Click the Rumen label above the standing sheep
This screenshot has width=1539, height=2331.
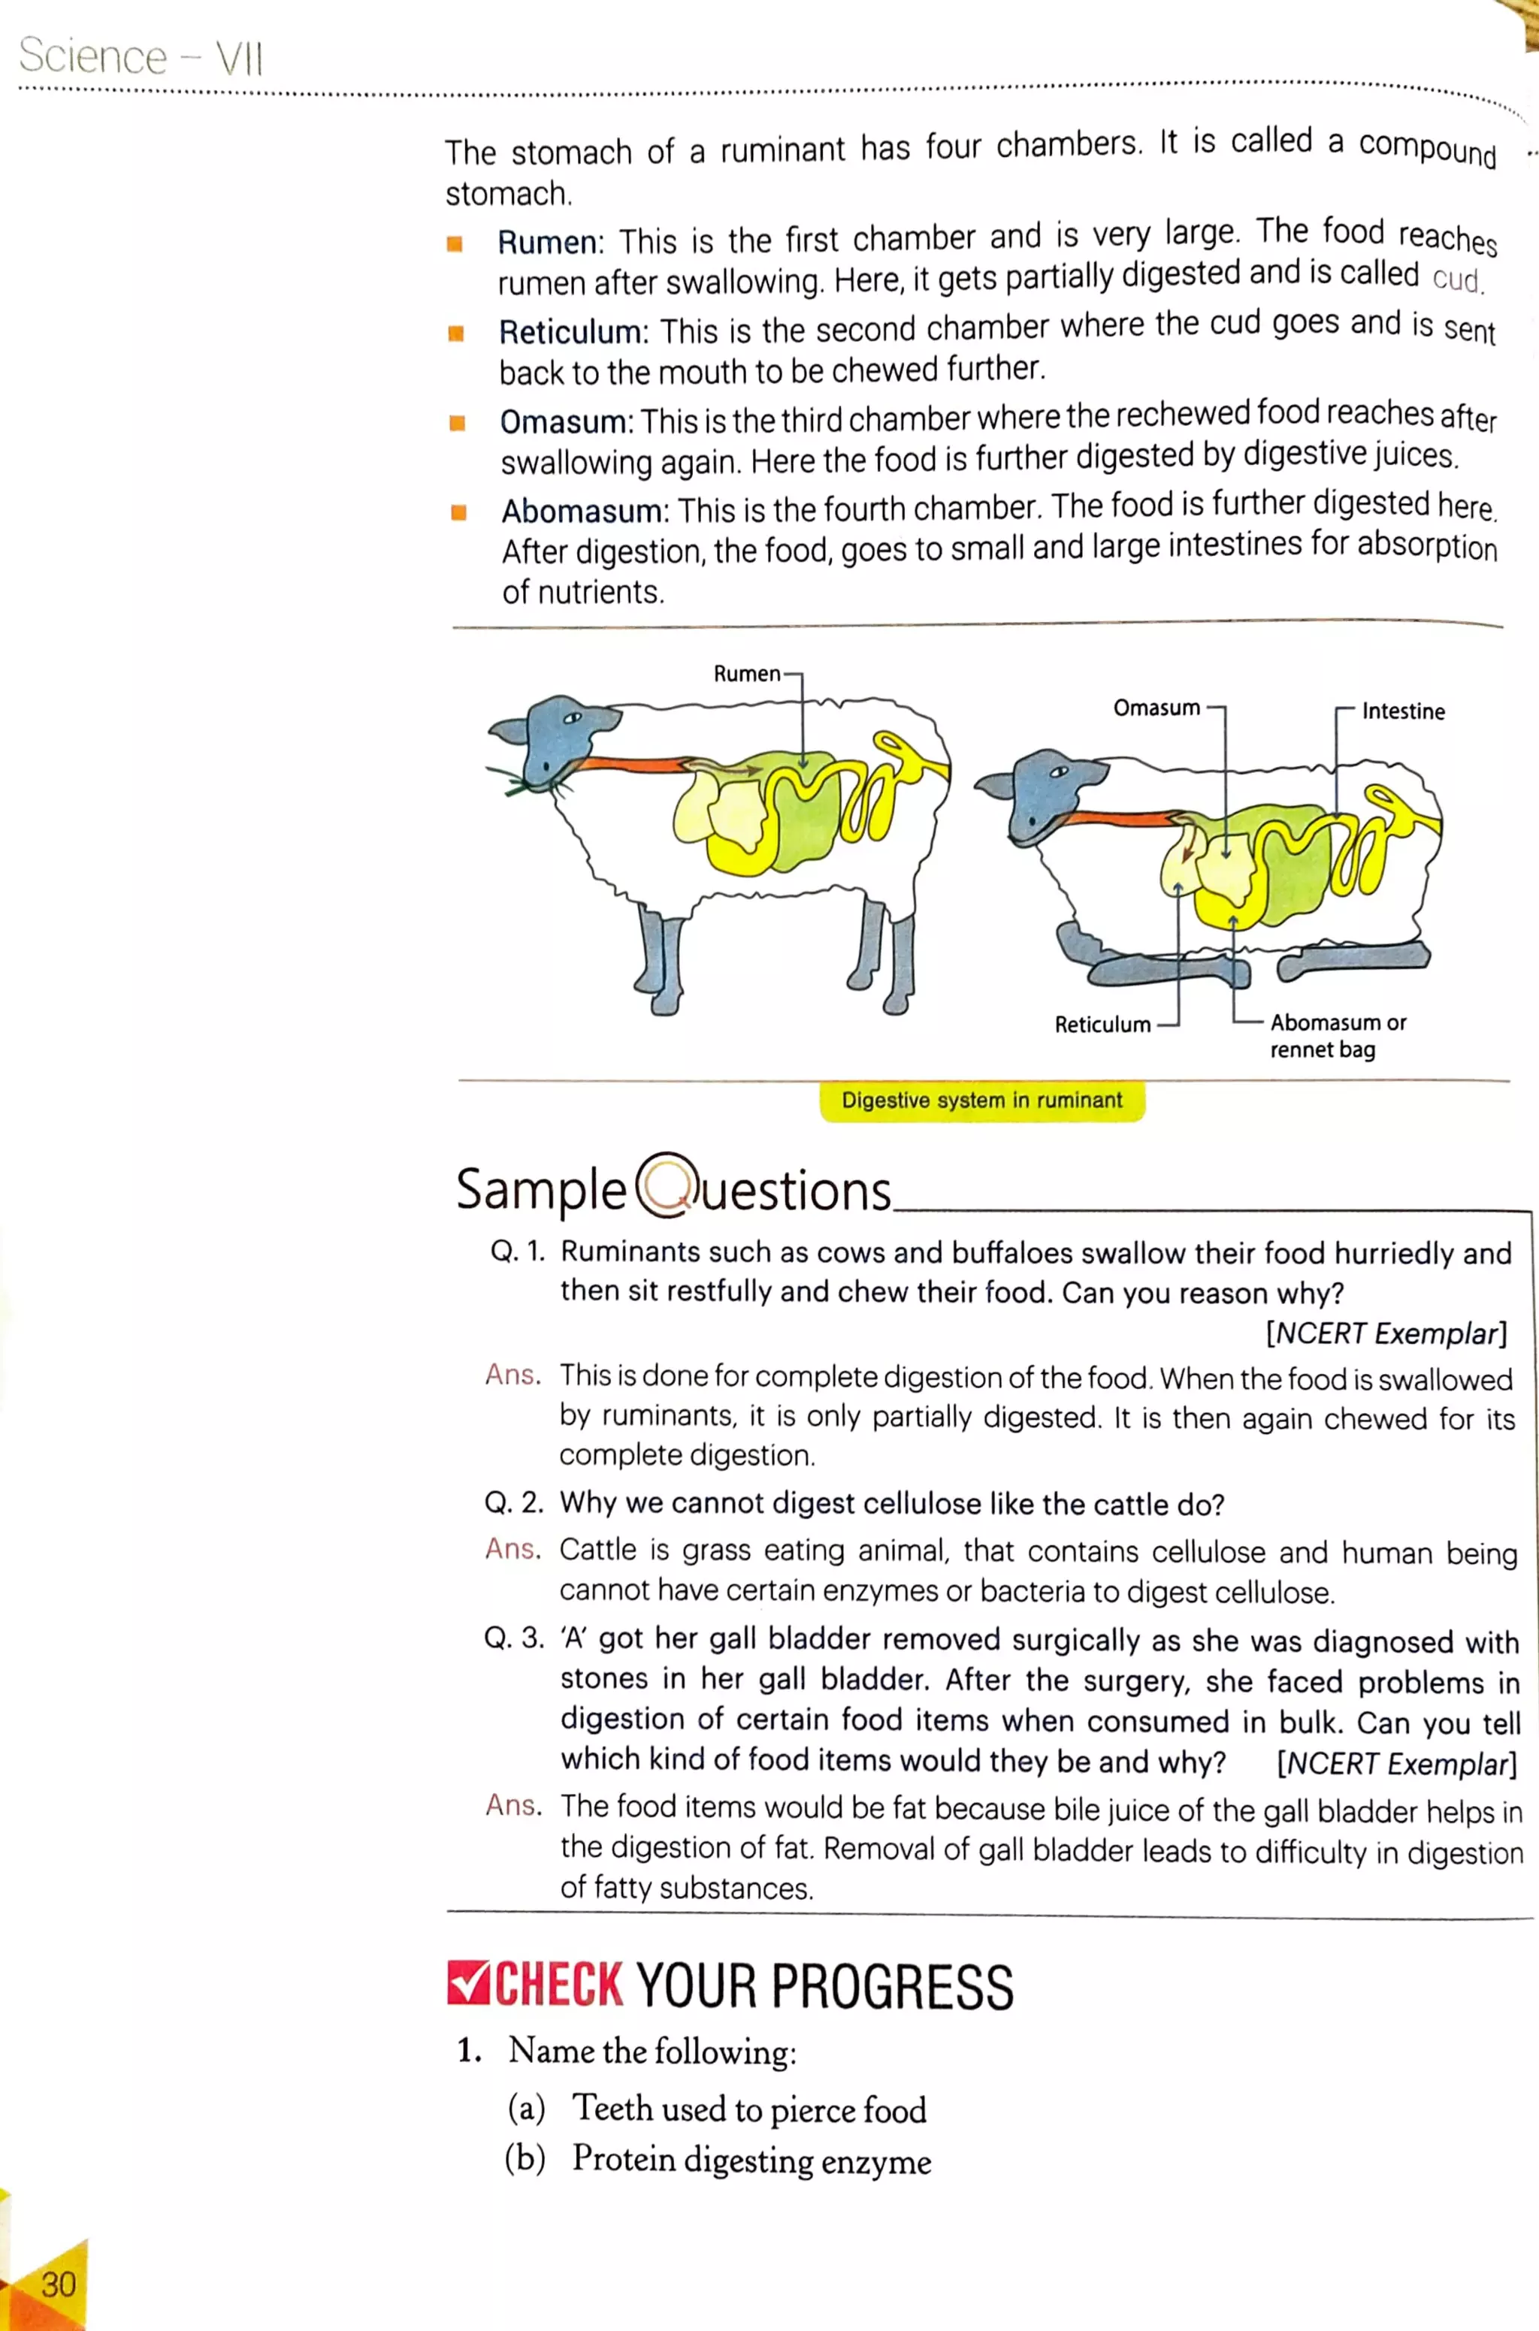[x=746, y=674]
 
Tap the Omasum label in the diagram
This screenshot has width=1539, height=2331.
[x=1157, y=708]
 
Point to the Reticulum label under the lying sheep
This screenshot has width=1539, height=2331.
[x=1102, y=1024]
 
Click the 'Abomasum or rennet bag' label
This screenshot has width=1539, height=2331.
[x=1337, y=1035]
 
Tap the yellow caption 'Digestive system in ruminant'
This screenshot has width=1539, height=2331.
[x=981, y=1100]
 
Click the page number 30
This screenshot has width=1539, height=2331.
[x=58, y=2284]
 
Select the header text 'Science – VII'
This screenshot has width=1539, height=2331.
[x=141, y=57]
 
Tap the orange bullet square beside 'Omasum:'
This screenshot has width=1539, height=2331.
[x=456, y=423]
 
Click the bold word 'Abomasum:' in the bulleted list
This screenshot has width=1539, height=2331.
[x=585, y=511]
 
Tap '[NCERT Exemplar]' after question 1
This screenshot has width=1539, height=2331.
[x=1385, y=1333]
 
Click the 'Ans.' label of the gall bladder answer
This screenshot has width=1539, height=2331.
[x=513, y=1805]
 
